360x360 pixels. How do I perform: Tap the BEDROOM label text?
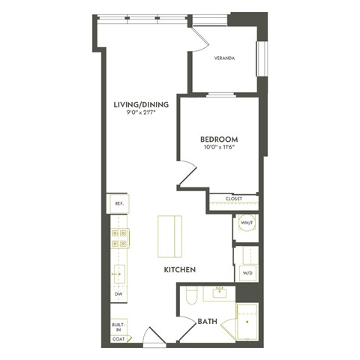click(x=219, y=139)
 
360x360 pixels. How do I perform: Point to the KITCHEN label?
click(x=180, y=268)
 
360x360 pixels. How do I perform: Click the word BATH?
click(x=207, y=322)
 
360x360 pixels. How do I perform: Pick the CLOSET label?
click(x=233, y=199)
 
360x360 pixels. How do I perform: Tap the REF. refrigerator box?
click(x=118, y=203)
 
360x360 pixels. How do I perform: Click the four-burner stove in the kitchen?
click(x=118, y=238)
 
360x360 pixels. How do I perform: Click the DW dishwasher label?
click(x=118, y=295)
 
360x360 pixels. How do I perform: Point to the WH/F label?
click(x=247, y=223)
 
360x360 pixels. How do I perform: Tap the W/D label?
click(x=247, y=273)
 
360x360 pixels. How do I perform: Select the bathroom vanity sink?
click(x=220, y=292)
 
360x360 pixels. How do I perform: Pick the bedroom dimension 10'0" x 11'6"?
click(x=219, y=148)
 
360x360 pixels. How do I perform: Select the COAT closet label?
click(x=118, y=339)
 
